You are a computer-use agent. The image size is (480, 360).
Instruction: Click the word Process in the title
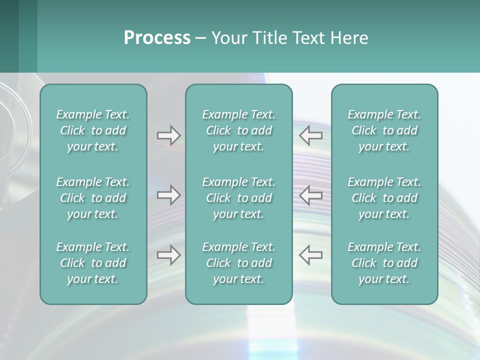pyautogui.click(x=157, y=38)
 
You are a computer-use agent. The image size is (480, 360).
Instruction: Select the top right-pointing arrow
pyautogui.click(x=169, y=135)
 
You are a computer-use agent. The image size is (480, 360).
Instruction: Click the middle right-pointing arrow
pyautogui.click(x=169, y=195)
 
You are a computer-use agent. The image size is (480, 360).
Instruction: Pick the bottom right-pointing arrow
pyautogui.click(x=169, y=255)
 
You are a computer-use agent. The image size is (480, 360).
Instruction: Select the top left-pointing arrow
pyautogui.click(x=311, y=135)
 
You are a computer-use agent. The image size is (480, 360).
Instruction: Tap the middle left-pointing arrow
pyautogui.click(x=311, y=195)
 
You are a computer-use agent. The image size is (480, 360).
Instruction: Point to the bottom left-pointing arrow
pyautogui.click(x=311, y=255)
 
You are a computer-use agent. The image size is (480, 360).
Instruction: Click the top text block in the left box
pyautogui.click(x=93, y=130)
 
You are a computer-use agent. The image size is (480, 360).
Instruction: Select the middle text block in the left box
pyautogui.click(x=93, y=198)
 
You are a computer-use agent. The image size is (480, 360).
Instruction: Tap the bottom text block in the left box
pyautogui.click(x=93, y=263)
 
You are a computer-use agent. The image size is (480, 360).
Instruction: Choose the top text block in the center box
pyautogui.click(x=239, y=130)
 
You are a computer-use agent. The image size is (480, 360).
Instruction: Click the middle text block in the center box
pyautogui.click(x=239, y=198)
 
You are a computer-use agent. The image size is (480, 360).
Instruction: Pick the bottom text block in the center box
pyautogui.click(x=239, y=263)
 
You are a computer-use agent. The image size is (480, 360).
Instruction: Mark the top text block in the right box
pyautogui.click(x=384, y=130)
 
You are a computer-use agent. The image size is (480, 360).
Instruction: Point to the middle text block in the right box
pyautogui.click(x=384, y=198)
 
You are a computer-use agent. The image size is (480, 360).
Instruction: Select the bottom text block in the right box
pyautogui.click(x=384, y=263)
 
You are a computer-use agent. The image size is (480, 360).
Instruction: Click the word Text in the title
pyautogui.click(x=308, y=38)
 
